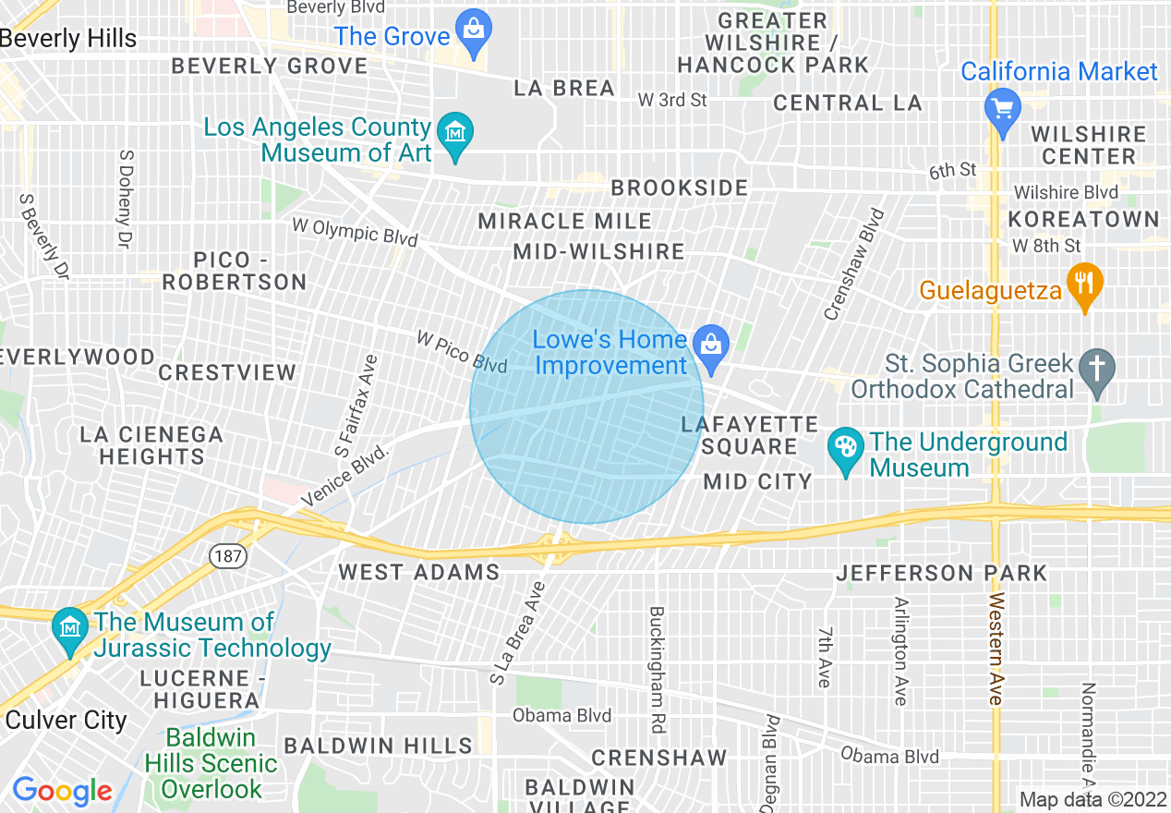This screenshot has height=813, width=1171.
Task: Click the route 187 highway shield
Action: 225,556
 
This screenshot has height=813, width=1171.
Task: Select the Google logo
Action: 62,792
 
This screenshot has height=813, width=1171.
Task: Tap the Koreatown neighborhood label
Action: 1083,220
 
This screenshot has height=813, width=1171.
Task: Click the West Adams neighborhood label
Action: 418,573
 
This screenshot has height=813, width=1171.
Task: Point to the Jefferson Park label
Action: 941,574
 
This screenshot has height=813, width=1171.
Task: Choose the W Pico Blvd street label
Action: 462,353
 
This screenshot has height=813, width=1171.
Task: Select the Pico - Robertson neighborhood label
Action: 235,272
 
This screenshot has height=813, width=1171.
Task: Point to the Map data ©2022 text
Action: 1093,800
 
